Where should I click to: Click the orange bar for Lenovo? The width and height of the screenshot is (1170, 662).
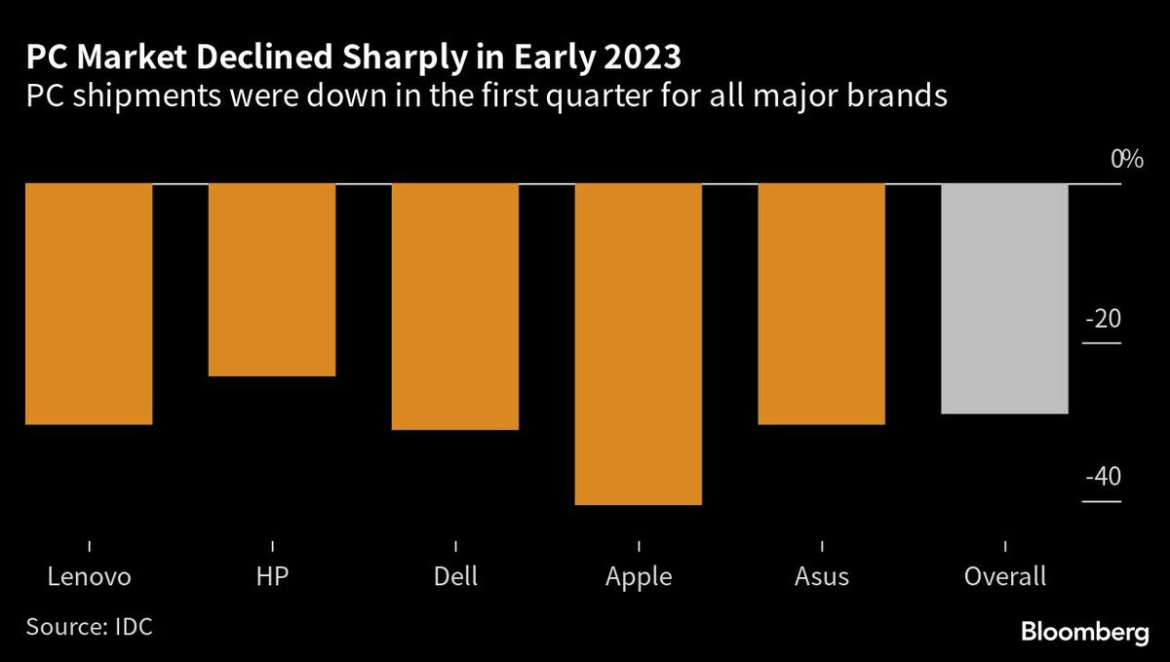point(89,303)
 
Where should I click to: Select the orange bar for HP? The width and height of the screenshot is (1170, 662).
point(272,280)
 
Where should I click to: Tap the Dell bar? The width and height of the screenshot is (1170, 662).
point(455,306)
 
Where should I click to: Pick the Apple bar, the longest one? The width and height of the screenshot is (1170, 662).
point(639,344)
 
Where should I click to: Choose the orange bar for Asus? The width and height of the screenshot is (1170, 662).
point(821,303)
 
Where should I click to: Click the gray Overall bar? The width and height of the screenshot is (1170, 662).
point(1004,298)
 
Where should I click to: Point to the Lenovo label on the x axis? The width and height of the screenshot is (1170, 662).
point(89,576)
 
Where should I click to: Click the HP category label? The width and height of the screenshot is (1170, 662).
point(272,576)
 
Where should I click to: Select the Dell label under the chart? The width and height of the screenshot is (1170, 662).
point(455,576)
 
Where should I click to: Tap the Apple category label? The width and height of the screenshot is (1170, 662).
point(639,576)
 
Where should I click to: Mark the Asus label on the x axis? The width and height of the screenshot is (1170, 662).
point(821,576)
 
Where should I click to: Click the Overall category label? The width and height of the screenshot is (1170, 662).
point(1004,576)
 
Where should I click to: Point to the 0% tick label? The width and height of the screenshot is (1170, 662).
point(1125,159)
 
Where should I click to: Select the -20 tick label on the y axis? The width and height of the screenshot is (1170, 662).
point(1102,319)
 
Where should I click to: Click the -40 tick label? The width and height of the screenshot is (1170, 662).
point(1102,478)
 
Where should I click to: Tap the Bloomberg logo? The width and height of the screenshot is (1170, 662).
point(1085,632)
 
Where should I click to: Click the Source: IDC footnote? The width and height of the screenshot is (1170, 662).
point(89,626)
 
